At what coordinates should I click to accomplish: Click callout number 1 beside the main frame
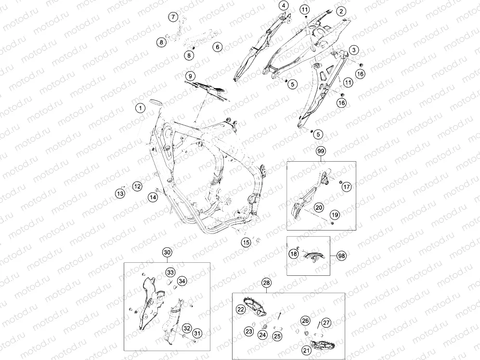tap(141, 108)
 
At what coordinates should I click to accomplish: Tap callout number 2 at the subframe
tap(341, 12)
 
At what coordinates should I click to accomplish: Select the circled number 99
tap(321, 151)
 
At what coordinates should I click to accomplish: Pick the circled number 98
tap(342, 256)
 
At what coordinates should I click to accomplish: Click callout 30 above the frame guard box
tap(167, 252)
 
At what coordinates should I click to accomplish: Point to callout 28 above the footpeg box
tap(267, 283)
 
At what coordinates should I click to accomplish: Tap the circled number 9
tap(190, 76)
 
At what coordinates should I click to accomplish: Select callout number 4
tap(284, 5)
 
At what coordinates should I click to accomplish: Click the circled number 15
tap(246, 243)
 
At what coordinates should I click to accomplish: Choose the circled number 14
tap(153, 197)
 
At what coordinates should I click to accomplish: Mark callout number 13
tap(120, 193)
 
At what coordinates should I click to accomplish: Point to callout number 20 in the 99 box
tap(319, 207)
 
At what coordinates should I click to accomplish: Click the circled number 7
tap(173, 16)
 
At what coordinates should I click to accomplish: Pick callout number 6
tap(217, 47)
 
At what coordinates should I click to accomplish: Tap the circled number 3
tap(354, 50)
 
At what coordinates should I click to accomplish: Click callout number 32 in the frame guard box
tap(187, 328)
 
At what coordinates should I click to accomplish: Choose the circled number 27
tap(326, 322)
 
